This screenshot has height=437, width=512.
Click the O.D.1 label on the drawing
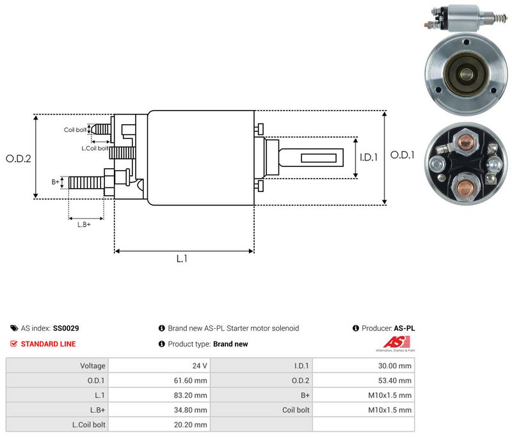(403, 155)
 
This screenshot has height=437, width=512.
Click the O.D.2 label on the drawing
(19, 159)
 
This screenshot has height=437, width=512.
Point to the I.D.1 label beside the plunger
(369, 157)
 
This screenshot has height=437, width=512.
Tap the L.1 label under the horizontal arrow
(182, 258)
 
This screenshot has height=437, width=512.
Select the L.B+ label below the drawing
(84, 225)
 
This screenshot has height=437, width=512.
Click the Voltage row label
(93, 366)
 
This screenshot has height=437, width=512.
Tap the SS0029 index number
(66, 328)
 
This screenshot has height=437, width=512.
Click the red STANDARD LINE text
(49, 344)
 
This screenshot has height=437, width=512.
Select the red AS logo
(396, 342)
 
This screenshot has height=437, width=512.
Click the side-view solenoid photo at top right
(467, 19)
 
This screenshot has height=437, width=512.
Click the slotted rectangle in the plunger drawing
(319, 158)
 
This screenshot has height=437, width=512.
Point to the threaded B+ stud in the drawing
(86, 182)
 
